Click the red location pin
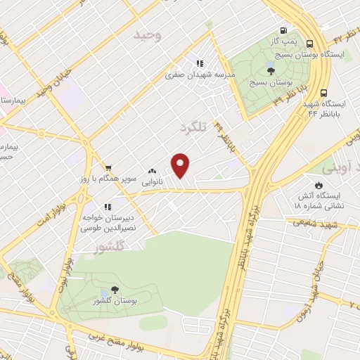tap(181, 166)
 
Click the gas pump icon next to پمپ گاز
tap(283, 30)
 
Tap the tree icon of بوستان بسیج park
tap(270, 70)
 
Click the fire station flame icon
tap(319, 186)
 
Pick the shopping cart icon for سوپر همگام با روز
tap(108, 167)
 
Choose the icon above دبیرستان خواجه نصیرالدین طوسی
tap(108, 207)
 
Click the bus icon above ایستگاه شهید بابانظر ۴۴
tap(323, 92)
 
